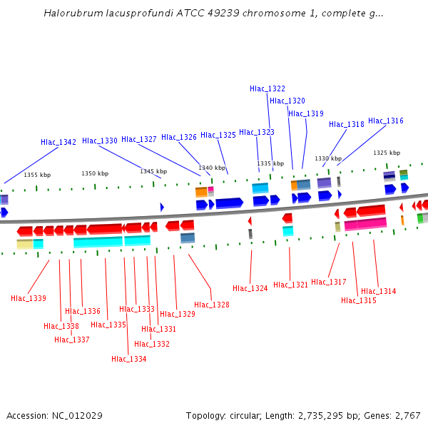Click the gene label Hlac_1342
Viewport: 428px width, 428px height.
(x=58, y=142)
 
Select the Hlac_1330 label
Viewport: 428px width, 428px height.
(x=100, y=141)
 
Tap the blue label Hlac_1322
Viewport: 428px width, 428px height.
(x=267, y=88)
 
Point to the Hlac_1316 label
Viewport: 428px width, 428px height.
(x=386, y=121)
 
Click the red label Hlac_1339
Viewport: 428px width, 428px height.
(x=29, y=298)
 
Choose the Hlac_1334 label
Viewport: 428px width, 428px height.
(x=129, y=359)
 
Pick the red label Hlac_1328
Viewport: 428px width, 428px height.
(x=212, y=305)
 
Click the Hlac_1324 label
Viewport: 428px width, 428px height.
(x=250, y=288)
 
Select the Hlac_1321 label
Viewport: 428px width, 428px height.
(x=291, y=285)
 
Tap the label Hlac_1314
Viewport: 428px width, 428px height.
(x=379, y=291)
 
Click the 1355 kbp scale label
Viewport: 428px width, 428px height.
(x=37, y=175)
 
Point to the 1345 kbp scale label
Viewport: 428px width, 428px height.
(x=153, y=171)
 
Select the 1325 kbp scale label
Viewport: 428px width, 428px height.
(x=387, y=153)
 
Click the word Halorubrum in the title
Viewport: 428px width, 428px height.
(x=70, y=13)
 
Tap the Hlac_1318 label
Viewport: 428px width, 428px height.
(x=347, y=124)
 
